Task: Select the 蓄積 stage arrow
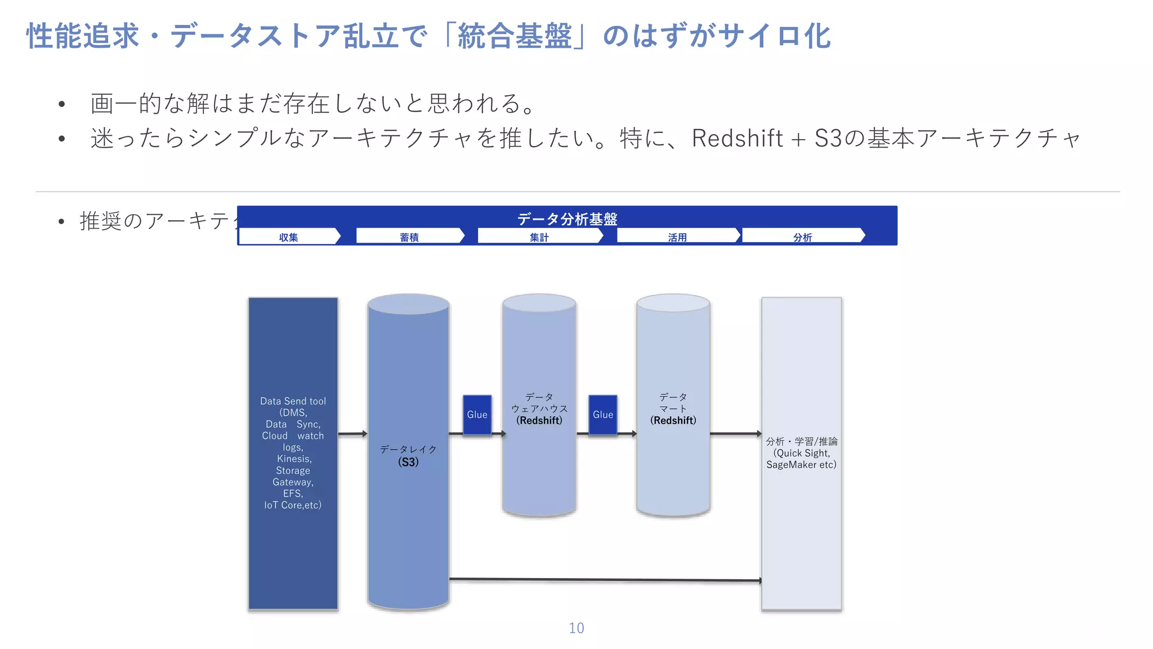click(x=410, y=237)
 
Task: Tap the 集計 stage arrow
click(x=539, y=237)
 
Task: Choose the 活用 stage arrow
click(x=678, y=237)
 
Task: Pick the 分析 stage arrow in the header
click(x=803, y=237)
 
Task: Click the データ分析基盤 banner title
click(x=567, y=219)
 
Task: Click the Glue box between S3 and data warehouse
click(x=477, y=415)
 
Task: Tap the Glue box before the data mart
click(x=603, y=415)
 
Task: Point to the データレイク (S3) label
click(x=408, y=456)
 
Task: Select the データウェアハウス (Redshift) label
click(x=539, y=409)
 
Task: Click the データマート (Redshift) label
click(x=673, y=409)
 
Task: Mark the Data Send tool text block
click(x=293, y=453)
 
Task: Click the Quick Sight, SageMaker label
click(x=801, y=453)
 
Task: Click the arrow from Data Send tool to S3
click(x=352, y=434)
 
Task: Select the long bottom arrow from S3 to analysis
click(x=605, y=579)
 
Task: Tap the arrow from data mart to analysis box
click(x=735, y=434)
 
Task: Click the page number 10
click(x=576, y=628)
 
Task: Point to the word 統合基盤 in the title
click(x=515, y=37)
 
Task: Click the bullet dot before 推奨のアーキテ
click(x=61, y=222)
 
